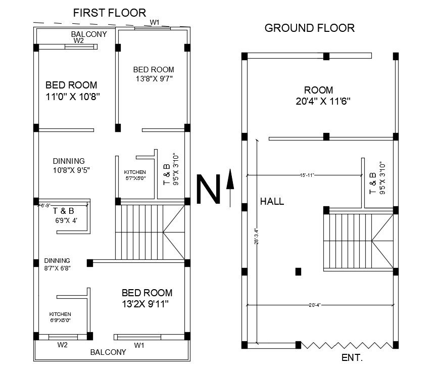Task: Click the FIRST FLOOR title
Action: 109,13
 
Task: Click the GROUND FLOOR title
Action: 310,28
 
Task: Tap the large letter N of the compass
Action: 208,190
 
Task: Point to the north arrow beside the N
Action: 230,187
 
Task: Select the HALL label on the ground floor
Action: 272,201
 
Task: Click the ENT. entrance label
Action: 352,358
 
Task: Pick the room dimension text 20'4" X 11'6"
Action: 323,101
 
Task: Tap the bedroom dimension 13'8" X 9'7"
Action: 154,79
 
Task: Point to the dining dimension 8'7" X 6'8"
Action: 57,268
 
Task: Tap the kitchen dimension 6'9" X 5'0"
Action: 60,320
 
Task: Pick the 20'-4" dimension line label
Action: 314,305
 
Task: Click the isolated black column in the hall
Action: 298,271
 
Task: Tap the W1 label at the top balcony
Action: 155,22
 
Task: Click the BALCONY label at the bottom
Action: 108,352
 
